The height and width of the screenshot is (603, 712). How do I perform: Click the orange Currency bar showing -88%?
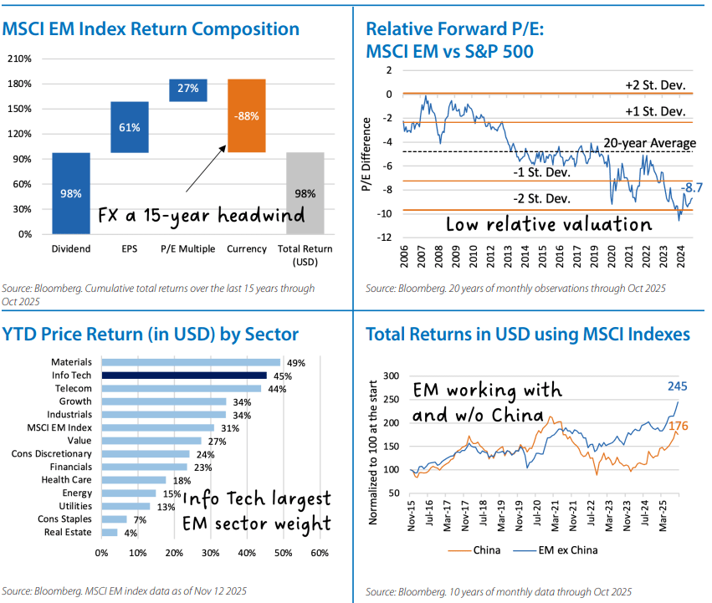[x=246, y=116]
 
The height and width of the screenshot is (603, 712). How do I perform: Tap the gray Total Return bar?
[x=305, y=193]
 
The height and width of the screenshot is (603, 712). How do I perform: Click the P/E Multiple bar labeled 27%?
[x=187, y=89]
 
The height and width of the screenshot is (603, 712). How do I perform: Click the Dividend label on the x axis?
[x=71, y=248]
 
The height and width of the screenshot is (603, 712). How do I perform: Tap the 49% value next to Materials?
[x=295, y=363]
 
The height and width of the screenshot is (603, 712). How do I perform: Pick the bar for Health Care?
[x=134, y=480]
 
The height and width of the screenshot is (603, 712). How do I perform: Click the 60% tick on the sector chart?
[x=319, y=553]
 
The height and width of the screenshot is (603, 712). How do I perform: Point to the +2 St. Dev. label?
[x=655, y=86]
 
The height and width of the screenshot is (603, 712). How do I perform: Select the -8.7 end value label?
[x=692, y=188]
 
